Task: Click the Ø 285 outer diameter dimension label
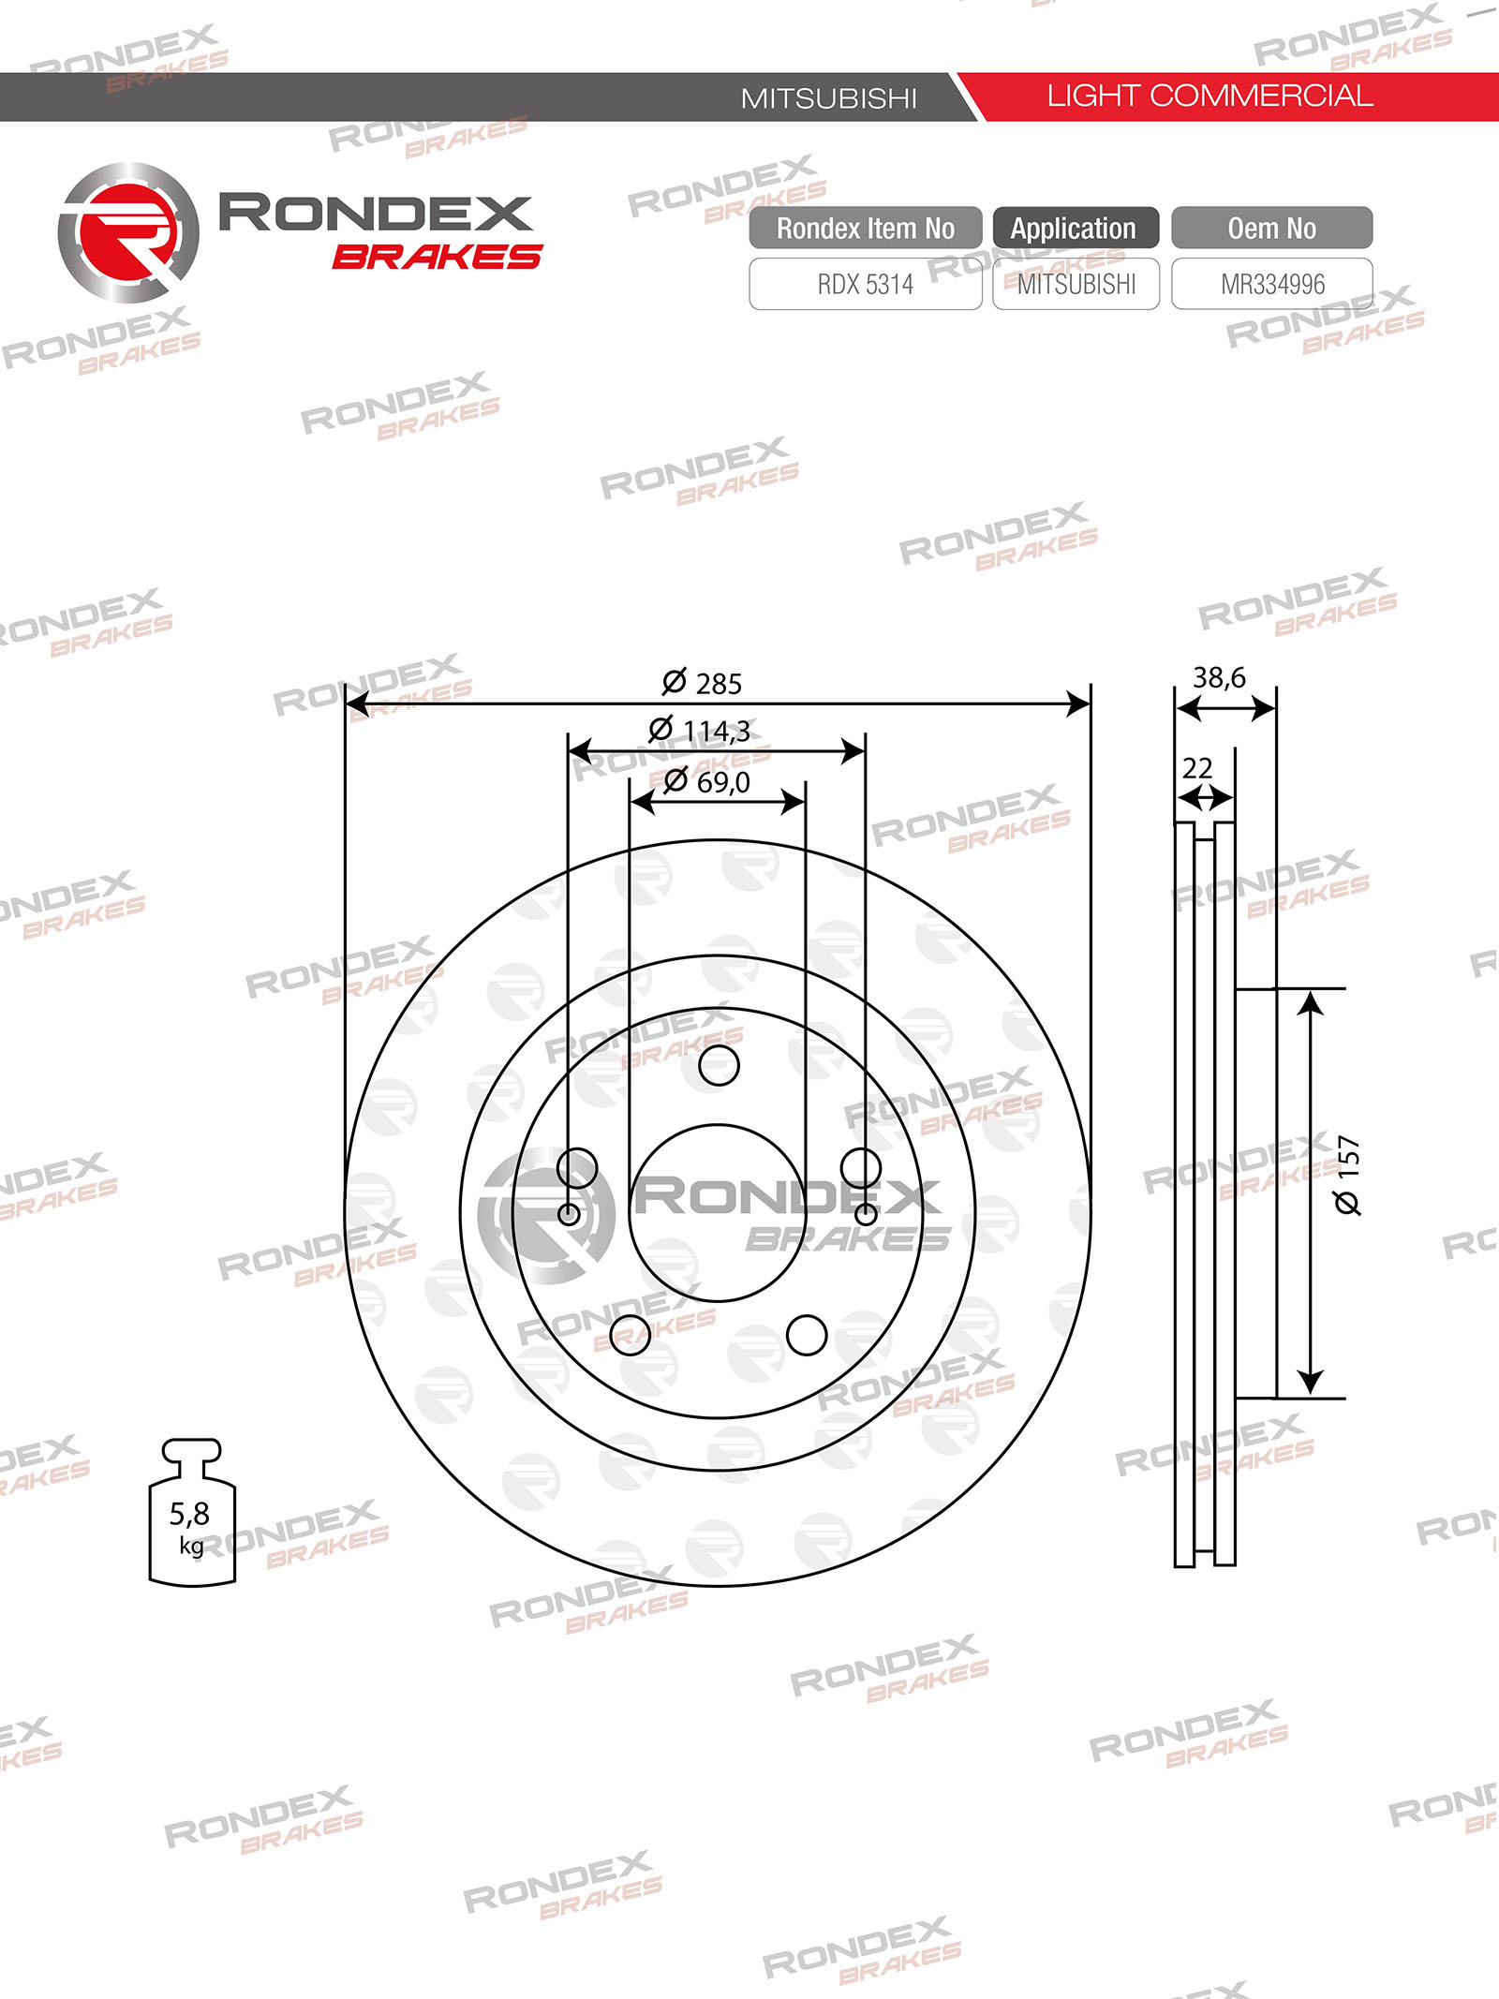702,683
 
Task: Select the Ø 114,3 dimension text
699,730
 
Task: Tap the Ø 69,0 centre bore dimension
706,781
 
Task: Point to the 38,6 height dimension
1219,677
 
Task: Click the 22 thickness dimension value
1197,768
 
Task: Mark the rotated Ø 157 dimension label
1347,1176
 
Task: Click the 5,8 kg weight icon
192,1513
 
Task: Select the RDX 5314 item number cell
866,284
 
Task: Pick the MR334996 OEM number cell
1272,284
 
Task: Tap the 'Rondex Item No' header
866,228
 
